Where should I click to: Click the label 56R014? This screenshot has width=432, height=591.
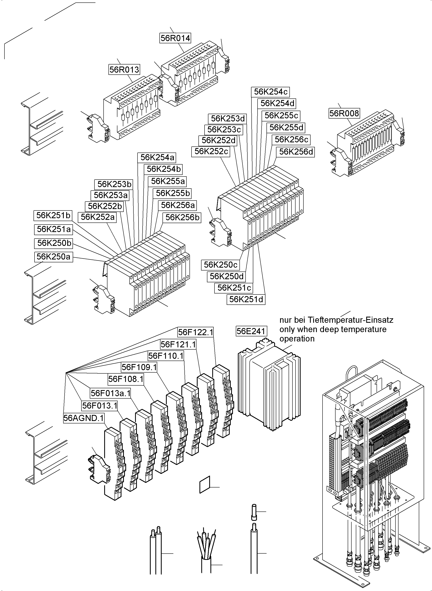click(x=175, y=38)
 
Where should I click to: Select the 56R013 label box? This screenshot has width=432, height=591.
click(x=124, y=70)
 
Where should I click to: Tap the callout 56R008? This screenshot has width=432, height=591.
click(x=344, y=113)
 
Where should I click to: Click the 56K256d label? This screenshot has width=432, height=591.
click(x=296, y=152)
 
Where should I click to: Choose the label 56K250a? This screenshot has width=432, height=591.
click(x=54, y=257)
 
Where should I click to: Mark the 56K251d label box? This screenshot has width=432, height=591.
click(x=246, y=299)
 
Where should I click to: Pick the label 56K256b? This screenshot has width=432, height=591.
click(x=182, y=218)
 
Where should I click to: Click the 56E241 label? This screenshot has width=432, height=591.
click(x=251, y=331)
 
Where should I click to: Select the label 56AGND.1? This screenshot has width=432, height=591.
click(x=84, y=418)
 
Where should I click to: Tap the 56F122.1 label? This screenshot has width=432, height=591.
click(x=195, y=332)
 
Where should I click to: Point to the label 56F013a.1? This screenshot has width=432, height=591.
click(x=110, y=393)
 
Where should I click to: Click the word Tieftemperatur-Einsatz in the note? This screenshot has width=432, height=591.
click(x=350, y=320)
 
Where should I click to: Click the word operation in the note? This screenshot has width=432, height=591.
click(x=297, y=339)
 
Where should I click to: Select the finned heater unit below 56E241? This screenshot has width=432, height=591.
click(x=269, y=385)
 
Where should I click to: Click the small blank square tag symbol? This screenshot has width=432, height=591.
click(x=205, y=484)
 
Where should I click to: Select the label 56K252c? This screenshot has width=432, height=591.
click(x=211, y=152)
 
